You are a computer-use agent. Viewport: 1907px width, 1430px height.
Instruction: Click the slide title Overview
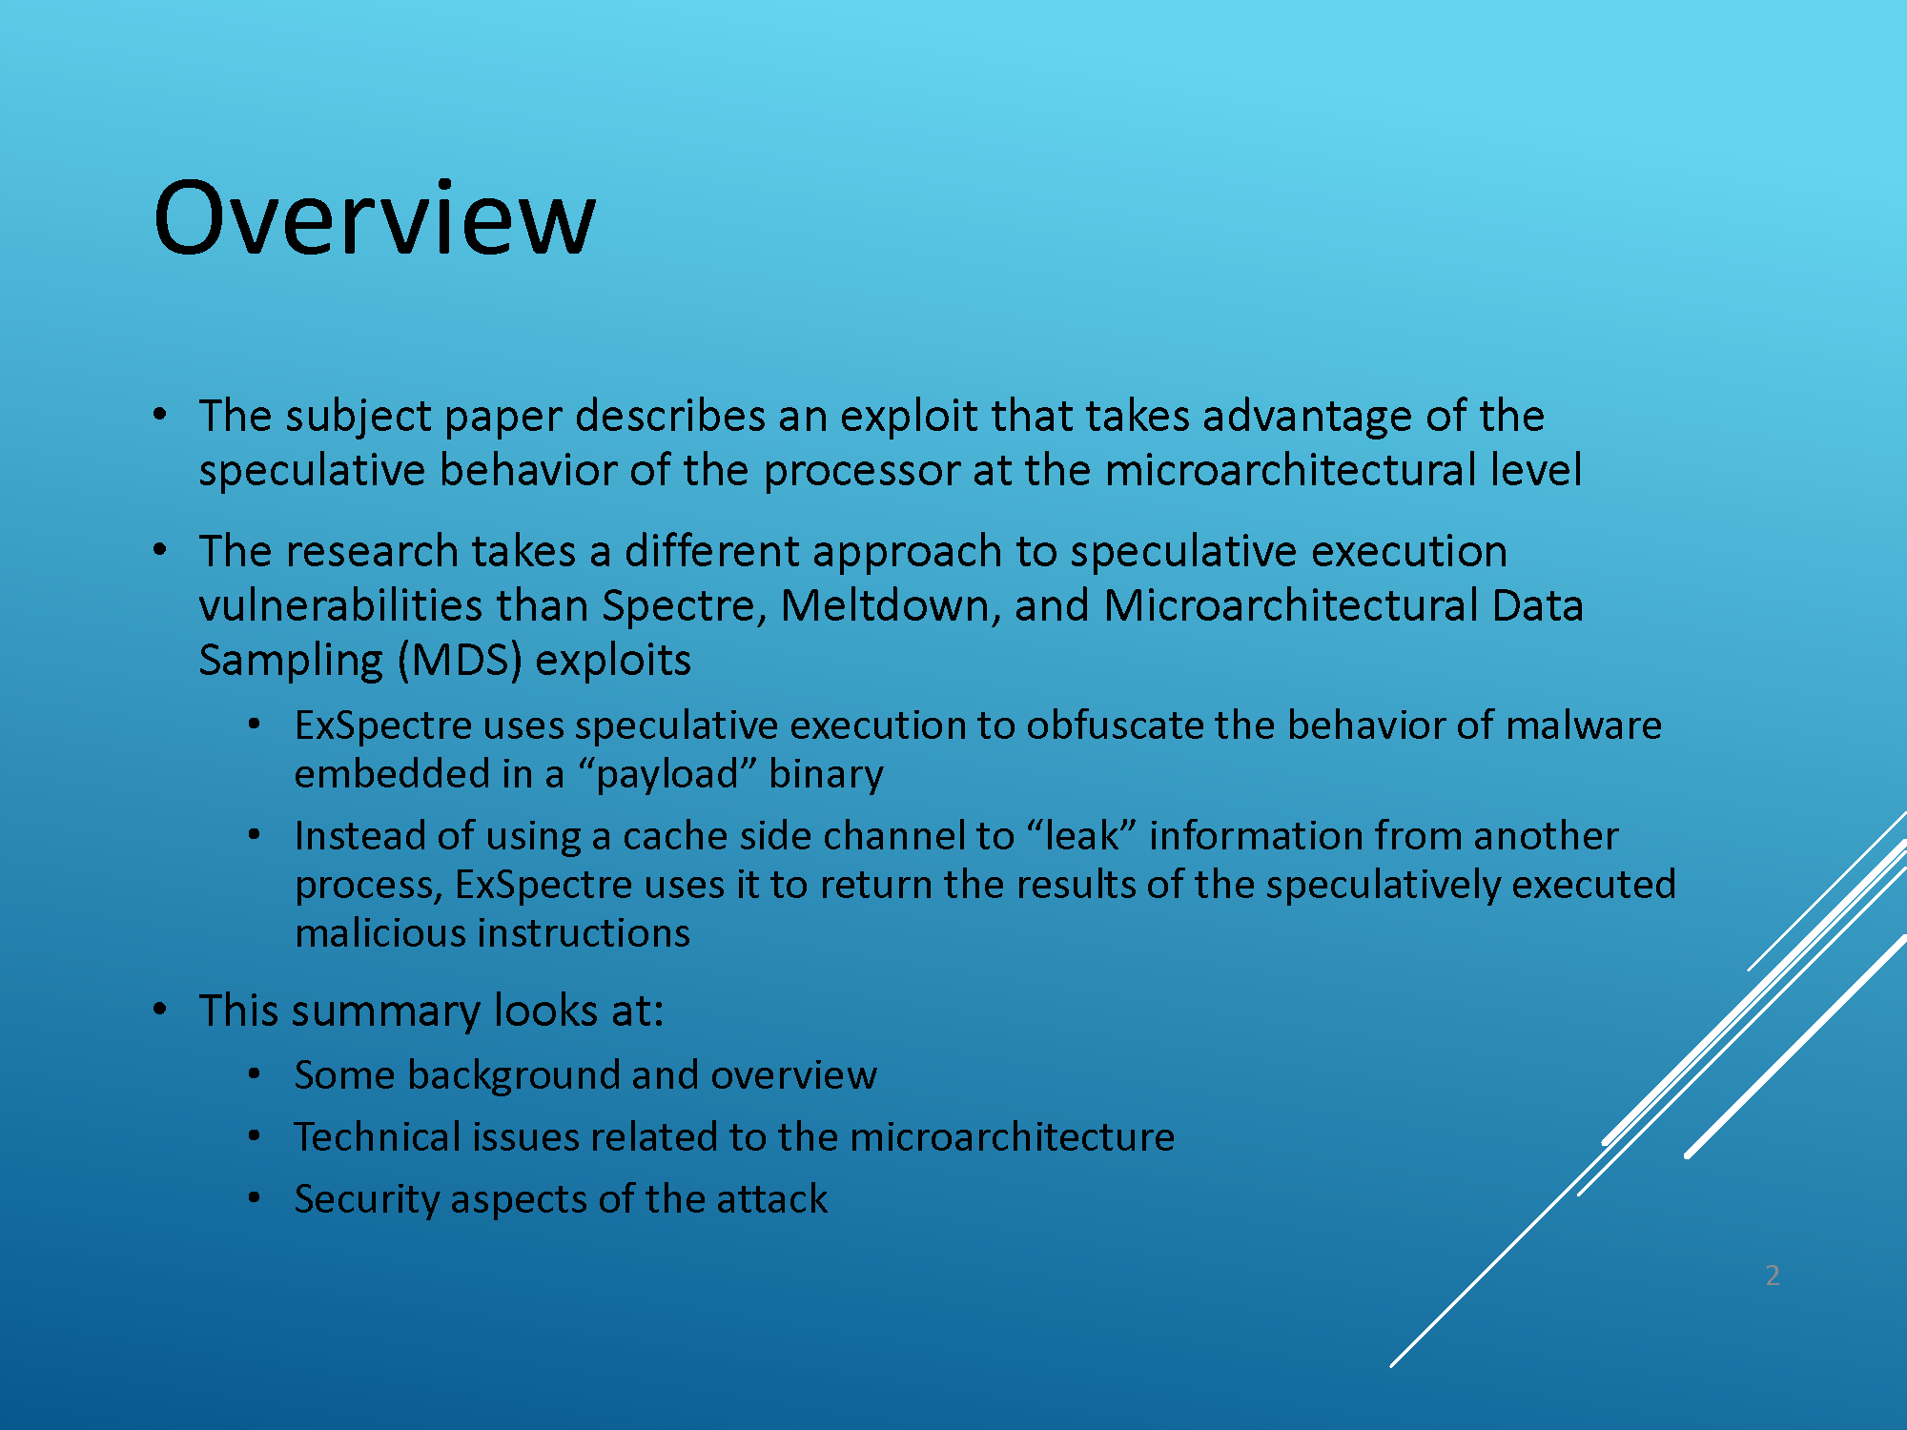(x=375, y=218)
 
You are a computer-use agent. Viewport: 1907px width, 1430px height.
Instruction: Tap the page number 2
(x=1773, y=1276)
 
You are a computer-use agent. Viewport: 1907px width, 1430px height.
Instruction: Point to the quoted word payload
(x=667, y=774)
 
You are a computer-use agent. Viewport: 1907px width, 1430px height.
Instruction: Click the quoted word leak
(x=1082, y=836)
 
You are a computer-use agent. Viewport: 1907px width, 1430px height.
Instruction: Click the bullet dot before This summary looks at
(x=160, y=1009)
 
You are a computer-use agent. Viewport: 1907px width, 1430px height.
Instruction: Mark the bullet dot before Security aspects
(x=254, y=1197)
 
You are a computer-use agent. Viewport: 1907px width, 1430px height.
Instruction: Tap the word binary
(x=826, y=774)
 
